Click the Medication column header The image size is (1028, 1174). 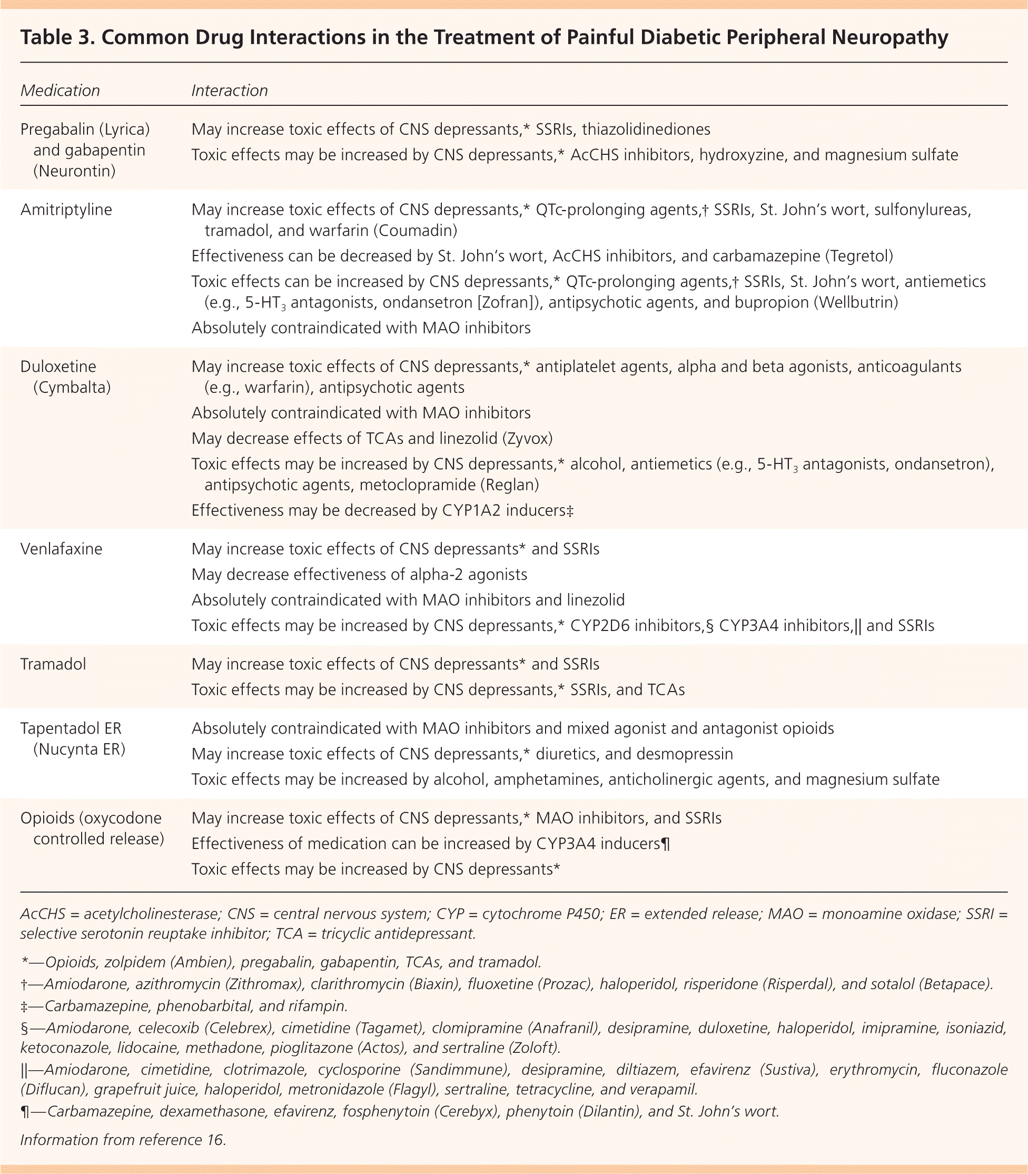click(x=60, y=91)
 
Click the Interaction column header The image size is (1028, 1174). click(x=230, y=91)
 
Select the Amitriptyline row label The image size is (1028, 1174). click(x=66, y=210)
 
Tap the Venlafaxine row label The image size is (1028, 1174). click(x=62, y=549)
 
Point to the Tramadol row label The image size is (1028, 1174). click(x=53, y=664)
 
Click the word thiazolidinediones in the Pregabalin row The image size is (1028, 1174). click(x=646, y=129)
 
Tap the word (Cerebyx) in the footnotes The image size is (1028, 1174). click(x=464, y=1111)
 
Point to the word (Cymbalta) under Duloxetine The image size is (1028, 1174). click(x=72, y=387)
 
